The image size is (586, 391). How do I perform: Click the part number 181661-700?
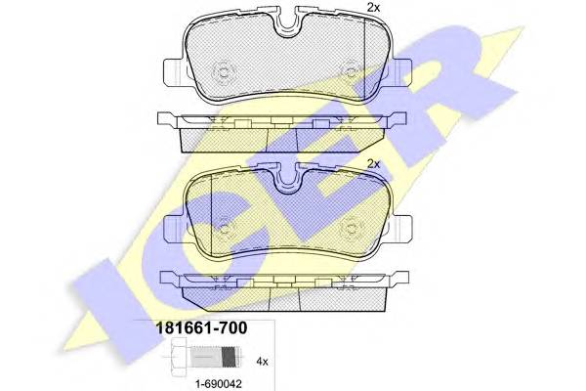(x=201, y=328)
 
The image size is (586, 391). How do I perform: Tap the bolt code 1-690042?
(x=219, y=383)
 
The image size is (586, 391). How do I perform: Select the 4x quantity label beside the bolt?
(x=262, y=362)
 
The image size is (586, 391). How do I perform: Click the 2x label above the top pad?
(x=373, y=8)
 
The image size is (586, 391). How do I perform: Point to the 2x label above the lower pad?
(x=373, y=164)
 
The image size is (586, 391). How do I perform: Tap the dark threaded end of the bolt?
(x=230, y=357)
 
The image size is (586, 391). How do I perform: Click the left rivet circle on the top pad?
(x=224, y=71)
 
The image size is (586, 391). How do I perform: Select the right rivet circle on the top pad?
(x=352, y=71)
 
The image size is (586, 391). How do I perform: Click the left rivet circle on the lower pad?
(x=226, y=229)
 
